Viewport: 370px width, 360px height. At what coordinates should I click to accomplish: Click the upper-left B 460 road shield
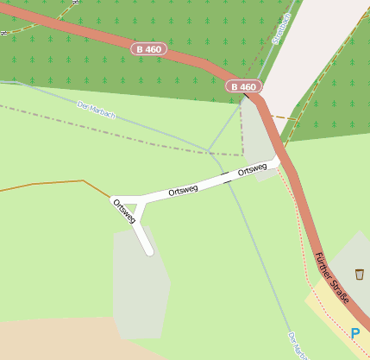point(148,49)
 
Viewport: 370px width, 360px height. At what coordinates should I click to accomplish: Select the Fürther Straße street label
point(333,277)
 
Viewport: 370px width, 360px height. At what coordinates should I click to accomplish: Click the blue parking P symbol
point(354,333)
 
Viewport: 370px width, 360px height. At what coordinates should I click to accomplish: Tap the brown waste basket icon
point(359,275)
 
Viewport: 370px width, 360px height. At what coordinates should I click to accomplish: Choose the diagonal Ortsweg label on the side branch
point(124,212)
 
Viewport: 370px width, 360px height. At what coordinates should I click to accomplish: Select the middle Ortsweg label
point(184,189)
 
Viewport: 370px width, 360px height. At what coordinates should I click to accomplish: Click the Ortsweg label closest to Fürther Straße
point(252,170)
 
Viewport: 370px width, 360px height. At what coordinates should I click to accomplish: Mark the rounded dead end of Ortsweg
point(149,251)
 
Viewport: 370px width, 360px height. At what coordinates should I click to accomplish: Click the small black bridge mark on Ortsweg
point(227,177)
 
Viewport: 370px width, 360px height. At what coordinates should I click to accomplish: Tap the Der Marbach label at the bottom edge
point(297,345)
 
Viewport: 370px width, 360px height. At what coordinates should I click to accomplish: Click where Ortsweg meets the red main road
point(278,161)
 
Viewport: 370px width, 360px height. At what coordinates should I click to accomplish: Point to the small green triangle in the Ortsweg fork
point(130,207)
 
